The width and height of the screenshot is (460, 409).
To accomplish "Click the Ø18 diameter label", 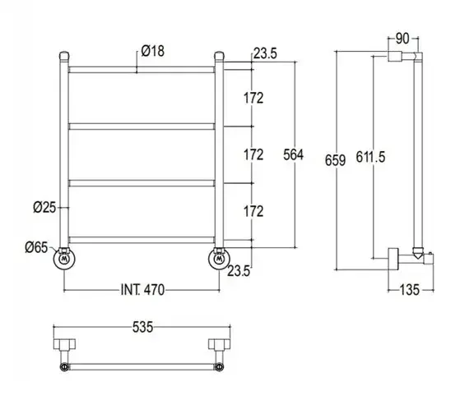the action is tap(153, 51).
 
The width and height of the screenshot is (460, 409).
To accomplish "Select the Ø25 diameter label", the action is tap(44, 208).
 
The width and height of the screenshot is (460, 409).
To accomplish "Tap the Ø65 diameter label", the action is tap(36, 248).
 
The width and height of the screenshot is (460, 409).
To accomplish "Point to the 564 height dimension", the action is tap(293, 154).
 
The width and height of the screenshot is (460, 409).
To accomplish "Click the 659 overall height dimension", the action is tap(335, 160).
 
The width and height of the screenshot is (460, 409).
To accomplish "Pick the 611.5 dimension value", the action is tap(370, 157).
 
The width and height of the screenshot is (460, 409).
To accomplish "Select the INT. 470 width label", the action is tap(142, 290).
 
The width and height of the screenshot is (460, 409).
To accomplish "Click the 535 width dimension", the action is tap(142, 327).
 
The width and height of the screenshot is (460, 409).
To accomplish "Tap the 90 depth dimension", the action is tap(402, 39).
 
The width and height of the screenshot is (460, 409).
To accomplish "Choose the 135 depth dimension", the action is tap(410, 290).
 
